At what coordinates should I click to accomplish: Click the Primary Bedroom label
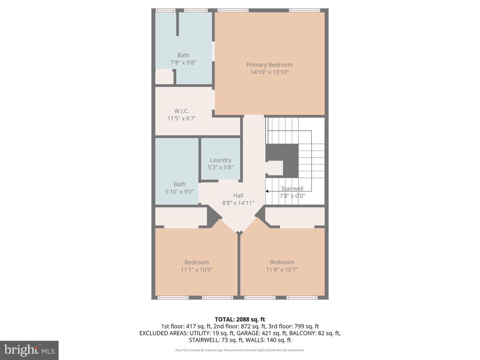(269, 65)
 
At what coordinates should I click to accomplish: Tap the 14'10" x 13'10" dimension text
(269, 72)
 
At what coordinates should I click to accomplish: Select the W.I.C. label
(181, 111)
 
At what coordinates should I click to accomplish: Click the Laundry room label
(220, 160)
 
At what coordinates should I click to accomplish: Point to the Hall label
(238, 196)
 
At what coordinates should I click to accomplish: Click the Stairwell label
(292, 188)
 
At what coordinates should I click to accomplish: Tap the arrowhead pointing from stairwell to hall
(267, 191)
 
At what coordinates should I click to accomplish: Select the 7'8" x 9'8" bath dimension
(183, 62)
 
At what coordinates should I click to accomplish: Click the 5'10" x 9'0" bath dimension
(179, 192)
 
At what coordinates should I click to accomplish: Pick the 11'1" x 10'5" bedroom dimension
(196, 270)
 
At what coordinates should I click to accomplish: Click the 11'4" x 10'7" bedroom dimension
(282, 269)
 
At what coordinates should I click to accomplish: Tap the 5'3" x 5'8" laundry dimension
(220, 167)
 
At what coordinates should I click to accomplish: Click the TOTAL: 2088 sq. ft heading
(240, 319)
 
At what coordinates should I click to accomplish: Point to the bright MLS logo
(29, 350)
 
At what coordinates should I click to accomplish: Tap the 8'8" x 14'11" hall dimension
(238, 203)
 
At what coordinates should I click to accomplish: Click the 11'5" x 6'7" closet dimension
(181, 118)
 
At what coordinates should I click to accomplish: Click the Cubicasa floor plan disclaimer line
(240, 350)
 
